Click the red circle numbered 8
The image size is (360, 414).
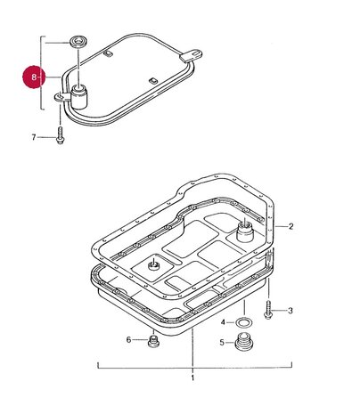tap(34, 77)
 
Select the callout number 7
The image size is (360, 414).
tap(34, 137)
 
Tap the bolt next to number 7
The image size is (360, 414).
tap(60, 135)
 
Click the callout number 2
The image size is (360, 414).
tap(290, 226)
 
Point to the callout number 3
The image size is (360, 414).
tap(290, 311)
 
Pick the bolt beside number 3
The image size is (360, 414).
tap(268, 309)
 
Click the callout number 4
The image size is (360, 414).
tap(223, 322)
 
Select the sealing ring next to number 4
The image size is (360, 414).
tap(244, 322)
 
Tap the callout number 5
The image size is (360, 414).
tap(222, 343)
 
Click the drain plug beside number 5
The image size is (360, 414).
tap(244, 342)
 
